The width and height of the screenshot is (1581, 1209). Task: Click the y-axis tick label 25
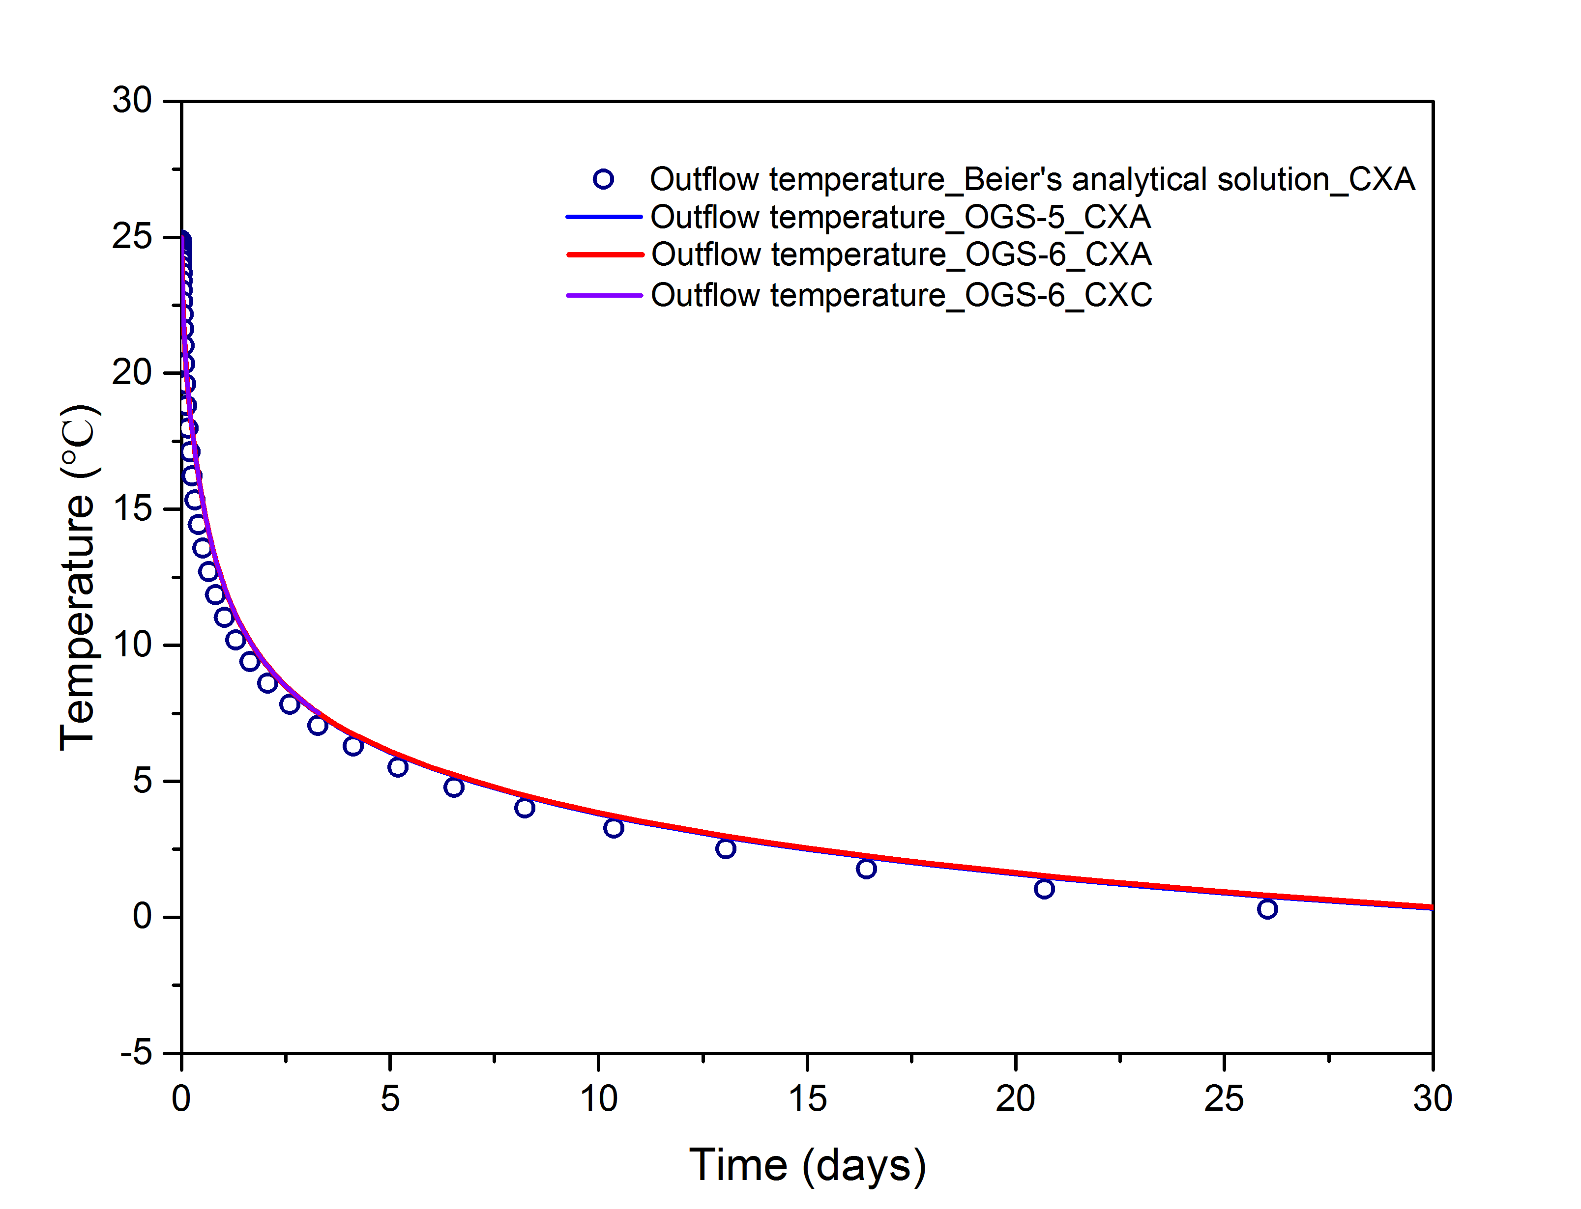(132, 237)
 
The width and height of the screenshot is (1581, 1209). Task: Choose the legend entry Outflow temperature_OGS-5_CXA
(900, 217)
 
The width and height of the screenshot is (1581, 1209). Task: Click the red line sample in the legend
(604, 254)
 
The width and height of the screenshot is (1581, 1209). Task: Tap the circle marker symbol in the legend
(603, 179)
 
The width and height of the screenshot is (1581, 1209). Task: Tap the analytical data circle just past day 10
(614, 828)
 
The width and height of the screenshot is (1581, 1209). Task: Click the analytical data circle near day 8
(525, 808)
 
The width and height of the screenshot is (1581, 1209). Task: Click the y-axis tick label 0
(142, 916)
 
